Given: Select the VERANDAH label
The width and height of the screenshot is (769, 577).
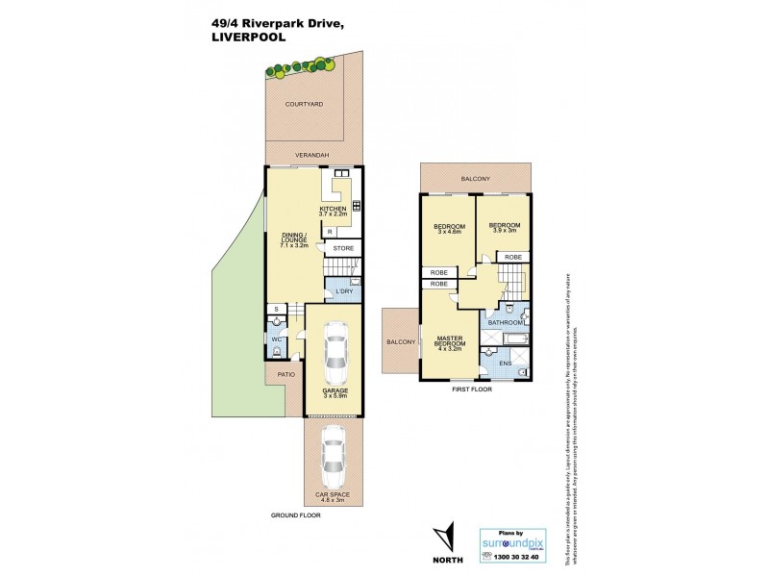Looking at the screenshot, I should (311, 155).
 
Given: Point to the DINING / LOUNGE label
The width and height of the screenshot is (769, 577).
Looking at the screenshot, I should (292, 240).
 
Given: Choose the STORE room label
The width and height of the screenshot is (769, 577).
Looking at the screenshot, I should (343, 248).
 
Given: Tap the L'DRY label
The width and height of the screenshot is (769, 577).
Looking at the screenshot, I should (342, 289).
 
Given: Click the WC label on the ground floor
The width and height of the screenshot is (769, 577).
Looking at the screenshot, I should (275, 339).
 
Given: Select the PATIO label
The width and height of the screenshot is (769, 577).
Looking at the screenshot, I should (285, 375).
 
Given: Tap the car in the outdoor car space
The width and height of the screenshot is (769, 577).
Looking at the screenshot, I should (333, 459).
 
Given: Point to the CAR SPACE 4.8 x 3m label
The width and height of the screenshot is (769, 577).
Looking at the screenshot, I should (333, 497).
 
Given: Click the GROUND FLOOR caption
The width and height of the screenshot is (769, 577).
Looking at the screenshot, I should (295, 516).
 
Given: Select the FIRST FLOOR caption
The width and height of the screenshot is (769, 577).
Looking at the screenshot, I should (472, 389).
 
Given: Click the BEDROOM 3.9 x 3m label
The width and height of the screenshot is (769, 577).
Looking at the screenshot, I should (504, 230).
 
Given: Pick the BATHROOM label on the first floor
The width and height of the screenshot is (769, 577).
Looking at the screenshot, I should (505, 323).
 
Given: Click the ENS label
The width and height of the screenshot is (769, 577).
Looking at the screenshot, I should (505, 364).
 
